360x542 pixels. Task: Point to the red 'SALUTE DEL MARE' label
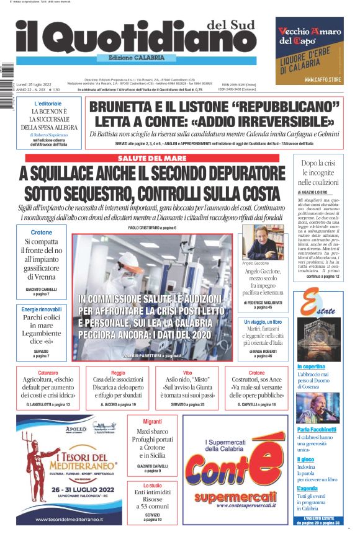pyautogui.click(x=152, y=159)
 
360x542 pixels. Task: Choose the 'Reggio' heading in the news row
pyautogui.click(x=118, y=373)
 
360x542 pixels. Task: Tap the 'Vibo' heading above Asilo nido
pyautogui.click(x=187, y=373)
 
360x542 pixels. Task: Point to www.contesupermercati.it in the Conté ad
pyautogui.click(x=228, y=505)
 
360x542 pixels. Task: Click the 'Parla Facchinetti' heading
pyautogui.click(x=316, y=429)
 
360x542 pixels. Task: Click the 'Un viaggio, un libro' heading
pyautogui.click(x=263, y=322)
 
